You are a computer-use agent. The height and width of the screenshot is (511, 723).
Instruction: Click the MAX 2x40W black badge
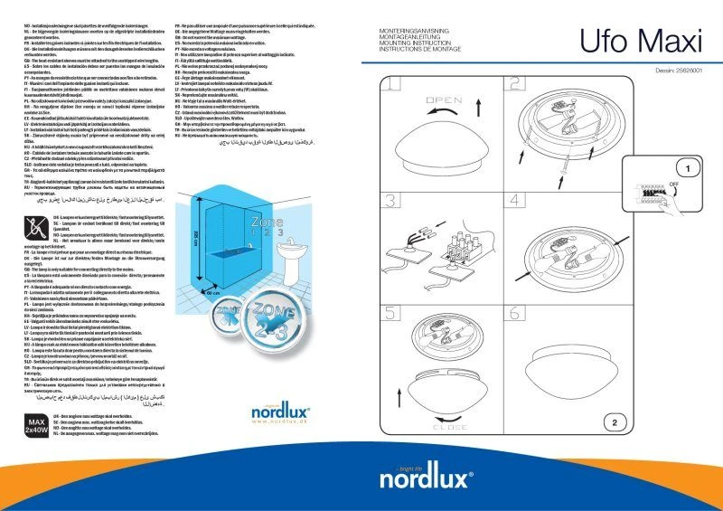click(35, 449)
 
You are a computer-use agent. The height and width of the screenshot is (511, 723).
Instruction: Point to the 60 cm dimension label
click(212, 294)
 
